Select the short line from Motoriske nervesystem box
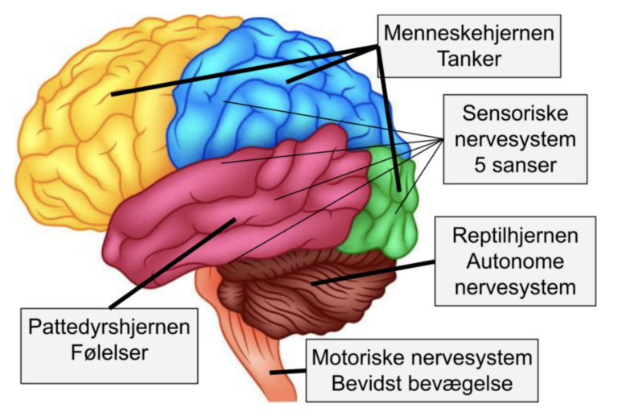(289, 372)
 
